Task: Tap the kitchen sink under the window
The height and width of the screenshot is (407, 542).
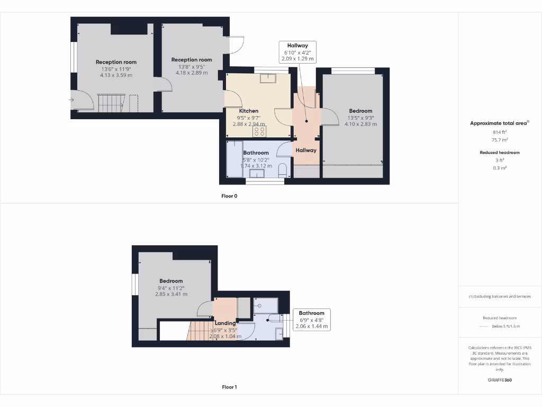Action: [268, 79]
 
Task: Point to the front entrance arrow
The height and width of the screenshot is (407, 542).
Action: [71, 99]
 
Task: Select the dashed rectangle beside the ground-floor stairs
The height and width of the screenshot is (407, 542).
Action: [133, 103]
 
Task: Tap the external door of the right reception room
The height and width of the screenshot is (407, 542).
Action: [236, 46]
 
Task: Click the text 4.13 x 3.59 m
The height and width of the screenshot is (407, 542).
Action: [116, 75]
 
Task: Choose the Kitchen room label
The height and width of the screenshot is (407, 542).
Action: [249, 111]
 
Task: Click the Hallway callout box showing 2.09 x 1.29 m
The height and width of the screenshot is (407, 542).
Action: [297, 52]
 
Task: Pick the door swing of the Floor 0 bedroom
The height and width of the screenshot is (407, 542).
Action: [330, 117]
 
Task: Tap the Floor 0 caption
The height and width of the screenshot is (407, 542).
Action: [229, 196]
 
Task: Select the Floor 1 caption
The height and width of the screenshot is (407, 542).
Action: [229, 387]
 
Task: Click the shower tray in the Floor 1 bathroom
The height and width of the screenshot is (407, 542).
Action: [265, 305]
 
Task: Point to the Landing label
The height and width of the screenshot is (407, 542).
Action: [225, 323]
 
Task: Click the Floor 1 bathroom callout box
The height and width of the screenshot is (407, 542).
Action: [311, 320]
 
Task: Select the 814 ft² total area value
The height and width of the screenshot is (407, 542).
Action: [499, 132]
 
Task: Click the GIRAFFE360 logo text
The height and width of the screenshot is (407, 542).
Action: [499, 380]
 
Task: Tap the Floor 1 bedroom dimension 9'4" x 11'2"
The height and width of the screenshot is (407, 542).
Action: [171, 288]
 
